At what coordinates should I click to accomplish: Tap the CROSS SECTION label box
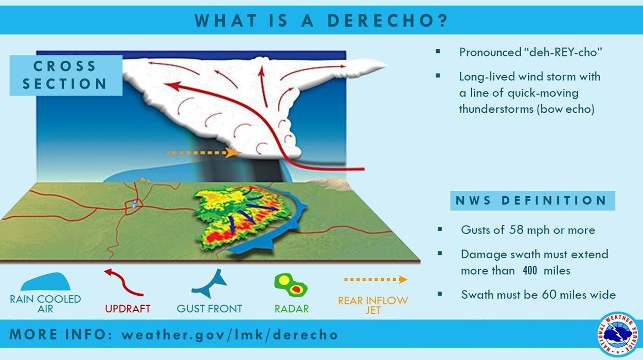65,75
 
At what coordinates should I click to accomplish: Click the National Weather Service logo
619,334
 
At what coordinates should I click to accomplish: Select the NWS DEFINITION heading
532,201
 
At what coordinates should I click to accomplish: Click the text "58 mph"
529,230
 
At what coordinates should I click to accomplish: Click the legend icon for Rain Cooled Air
45,281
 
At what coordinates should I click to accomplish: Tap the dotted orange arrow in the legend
375,280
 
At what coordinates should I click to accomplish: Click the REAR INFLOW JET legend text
373,305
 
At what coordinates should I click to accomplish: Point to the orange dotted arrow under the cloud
204,153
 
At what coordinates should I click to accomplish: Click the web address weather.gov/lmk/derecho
229,335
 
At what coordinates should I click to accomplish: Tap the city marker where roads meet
133,205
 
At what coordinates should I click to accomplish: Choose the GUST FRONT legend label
209,309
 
